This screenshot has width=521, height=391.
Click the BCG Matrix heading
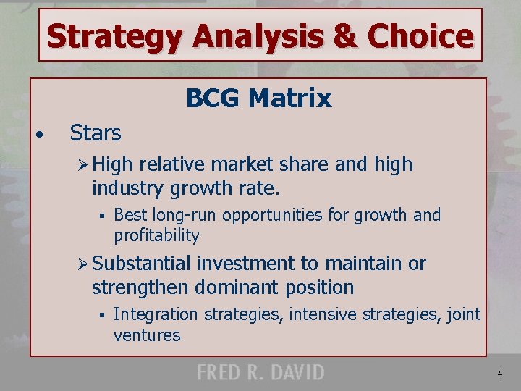(258, 98)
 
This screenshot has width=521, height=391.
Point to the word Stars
(96, 133)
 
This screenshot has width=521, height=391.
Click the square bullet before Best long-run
(103, 216)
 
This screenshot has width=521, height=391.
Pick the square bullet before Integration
(103, 315)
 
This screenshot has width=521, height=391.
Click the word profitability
(156, 235)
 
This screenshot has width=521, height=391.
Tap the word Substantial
(141, 264)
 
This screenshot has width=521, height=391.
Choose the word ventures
(147, 335)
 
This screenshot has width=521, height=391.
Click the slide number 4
(499, 374)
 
